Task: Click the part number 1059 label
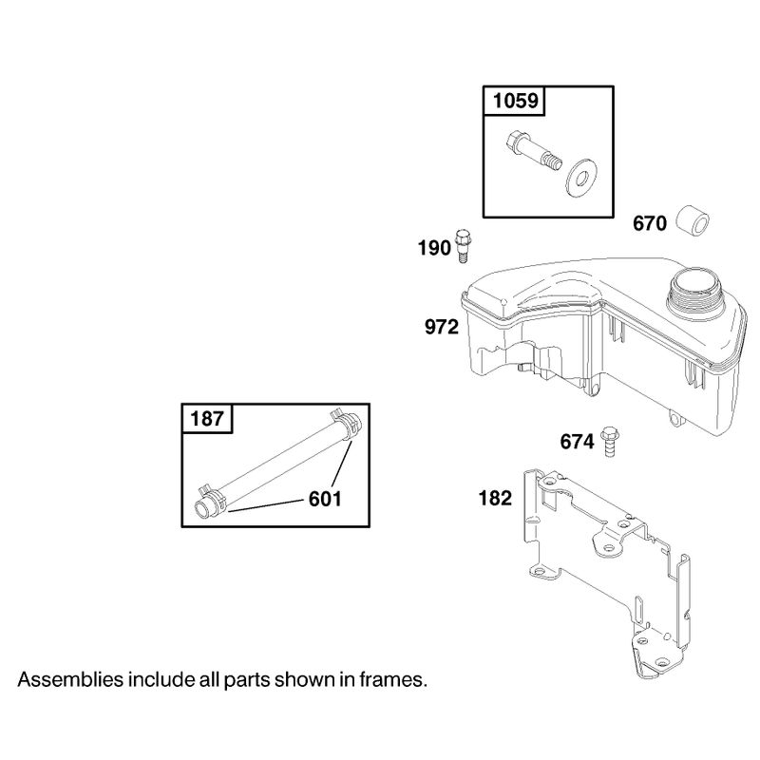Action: (515, 101)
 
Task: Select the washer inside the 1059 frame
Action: (581, 178)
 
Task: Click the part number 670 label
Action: (650, 223)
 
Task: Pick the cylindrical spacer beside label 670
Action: (693, 221)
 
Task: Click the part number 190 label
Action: (434, 248)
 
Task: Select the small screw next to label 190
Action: (464, 246)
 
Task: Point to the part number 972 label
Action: (441, 327)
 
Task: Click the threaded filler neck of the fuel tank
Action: (693, 290)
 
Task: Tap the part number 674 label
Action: (577, 442)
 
